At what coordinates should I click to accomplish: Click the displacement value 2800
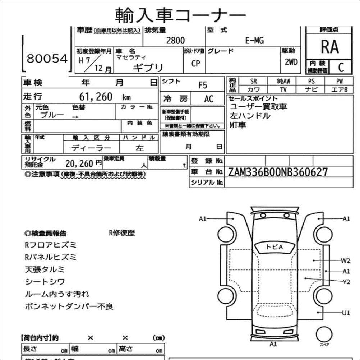tap(175, 41)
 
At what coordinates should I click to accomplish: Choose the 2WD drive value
tap(291, 62)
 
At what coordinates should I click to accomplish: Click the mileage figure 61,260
tap(96, 97)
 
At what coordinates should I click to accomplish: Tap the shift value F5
tap(203, 85)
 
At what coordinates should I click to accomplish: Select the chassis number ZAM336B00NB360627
tap(278, 172)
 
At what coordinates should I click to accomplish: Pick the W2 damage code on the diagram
tap(346, 260)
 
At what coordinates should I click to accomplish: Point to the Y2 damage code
tap(346, 282)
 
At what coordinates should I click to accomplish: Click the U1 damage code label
tap(346, 313)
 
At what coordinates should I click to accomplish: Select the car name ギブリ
tap(148, 67)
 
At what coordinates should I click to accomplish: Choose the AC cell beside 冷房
tap(209, 99)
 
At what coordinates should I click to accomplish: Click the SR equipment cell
tap(254, 82)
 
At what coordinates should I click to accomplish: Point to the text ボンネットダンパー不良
tap(69, 306)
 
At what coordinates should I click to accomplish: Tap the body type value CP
tap(195, 64)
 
